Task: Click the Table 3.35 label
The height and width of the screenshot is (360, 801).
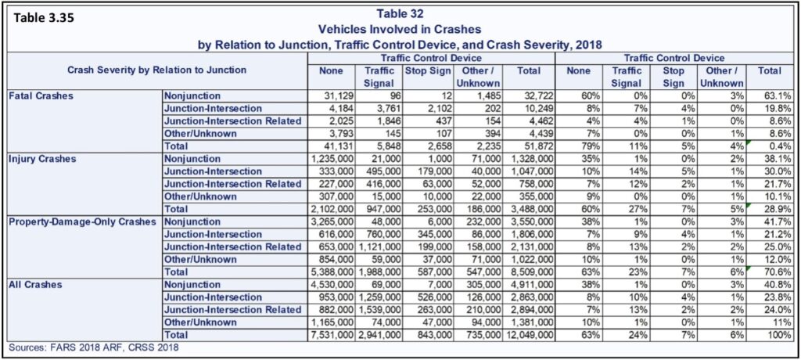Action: (44, 18)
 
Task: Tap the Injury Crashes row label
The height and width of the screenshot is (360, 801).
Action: (42, 159)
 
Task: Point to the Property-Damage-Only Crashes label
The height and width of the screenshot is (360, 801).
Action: (82, 222)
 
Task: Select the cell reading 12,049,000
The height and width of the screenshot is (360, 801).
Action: (530, 336)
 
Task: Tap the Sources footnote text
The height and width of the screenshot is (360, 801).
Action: (95, 348)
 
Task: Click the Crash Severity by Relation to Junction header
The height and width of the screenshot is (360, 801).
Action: (156, 70)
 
